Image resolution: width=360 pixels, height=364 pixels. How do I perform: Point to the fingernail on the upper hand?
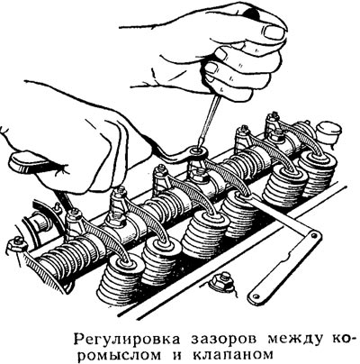(274, 32)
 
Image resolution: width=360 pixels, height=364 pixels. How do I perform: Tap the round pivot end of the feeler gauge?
(314, 237)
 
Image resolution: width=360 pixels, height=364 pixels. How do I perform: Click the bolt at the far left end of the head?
(15, 241)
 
